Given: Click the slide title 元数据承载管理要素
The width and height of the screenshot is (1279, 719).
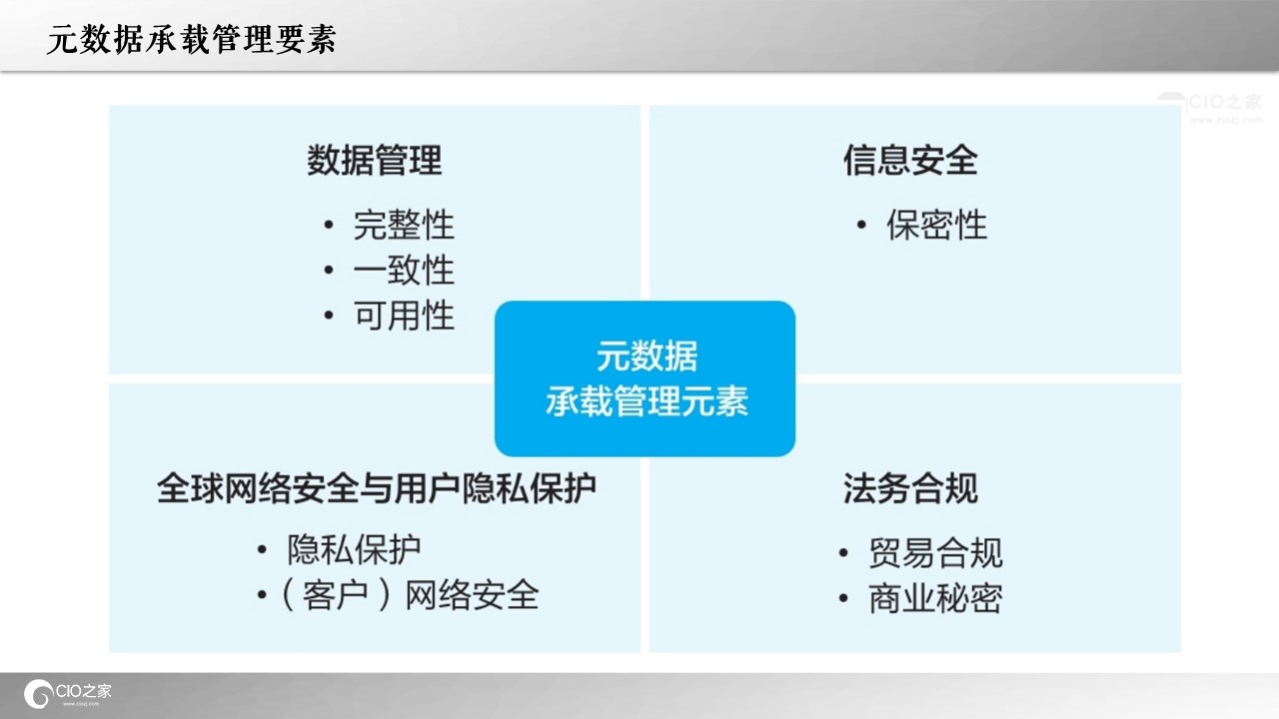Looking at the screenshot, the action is click(x=191, y=39).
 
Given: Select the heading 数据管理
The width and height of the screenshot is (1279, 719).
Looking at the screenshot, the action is click(x=375, y=161).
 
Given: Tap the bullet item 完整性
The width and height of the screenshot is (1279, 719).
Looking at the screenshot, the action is click(x=404, y=225).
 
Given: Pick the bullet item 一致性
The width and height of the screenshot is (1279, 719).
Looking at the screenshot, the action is click(x=404, y=270).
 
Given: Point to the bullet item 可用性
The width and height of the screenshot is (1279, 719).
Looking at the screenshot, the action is click(x=404, y=316).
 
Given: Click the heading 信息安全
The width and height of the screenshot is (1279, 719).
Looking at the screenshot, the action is click(x=910, y=161).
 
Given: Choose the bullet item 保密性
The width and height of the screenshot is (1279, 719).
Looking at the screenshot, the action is click(x=937, y=225).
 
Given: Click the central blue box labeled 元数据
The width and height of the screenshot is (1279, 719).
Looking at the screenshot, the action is click(x=645, y=378).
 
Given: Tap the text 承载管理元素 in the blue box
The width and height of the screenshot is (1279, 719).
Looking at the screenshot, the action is click(x=646, y=401).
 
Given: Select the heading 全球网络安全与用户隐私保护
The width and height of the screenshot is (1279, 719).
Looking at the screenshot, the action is click(x=377, y=488).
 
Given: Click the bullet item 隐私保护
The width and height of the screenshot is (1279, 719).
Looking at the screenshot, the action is click(x=354, y=550).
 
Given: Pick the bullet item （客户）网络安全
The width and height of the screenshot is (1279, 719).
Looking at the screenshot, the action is click(x=410, y=596).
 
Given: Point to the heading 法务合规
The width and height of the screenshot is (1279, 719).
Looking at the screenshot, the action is click(x=910, y=488).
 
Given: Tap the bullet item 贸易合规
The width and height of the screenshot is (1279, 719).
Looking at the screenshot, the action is click(x=935, y=553).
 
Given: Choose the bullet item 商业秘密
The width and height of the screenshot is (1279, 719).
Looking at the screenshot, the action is click(x=935, y=598).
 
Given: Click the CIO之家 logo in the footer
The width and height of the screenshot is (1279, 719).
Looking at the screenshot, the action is click(x=67, y=694).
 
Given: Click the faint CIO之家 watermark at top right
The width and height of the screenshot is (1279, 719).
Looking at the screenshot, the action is click(x=1209, y=107).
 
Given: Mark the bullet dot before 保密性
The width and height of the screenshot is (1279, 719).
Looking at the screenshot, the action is click(x=861, y=225).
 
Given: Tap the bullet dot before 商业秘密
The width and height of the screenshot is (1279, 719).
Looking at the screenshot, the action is click(x=843, y=598).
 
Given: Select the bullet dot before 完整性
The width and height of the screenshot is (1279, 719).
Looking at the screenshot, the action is click(x=329, y=225).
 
